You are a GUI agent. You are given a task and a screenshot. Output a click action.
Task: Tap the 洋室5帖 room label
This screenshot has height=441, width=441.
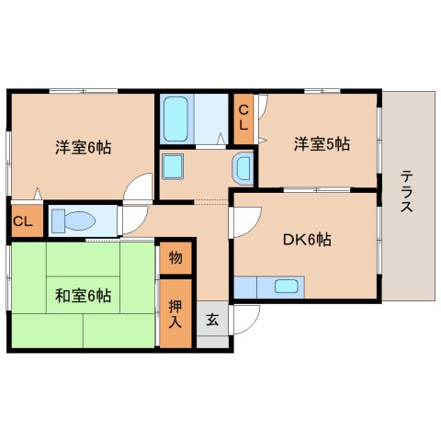tap(322, 143)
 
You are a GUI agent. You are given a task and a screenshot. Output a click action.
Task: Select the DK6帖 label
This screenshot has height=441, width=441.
tap(306, 240)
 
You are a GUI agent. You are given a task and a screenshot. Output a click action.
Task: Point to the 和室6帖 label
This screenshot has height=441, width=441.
tap(83, 296)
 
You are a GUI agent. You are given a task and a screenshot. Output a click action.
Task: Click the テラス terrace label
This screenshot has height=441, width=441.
tap(405, 192)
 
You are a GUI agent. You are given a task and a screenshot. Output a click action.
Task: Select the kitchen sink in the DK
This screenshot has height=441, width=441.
tap(287, 286)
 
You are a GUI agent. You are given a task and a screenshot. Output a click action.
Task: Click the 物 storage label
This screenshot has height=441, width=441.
tap(175, 258)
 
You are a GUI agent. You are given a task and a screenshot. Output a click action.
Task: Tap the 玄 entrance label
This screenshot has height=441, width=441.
tap(212, 320)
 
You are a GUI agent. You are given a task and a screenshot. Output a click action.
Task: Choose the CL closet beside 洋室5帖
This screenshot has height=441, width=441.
tap(244, 118)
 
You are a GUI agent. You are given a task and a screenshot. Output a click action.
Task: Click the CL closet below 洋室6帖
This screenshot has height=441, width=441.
tap(24, 222)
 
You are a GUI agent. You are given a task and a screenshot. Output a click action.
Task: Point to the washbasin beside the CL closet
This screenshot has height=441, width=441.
tap(242, 168)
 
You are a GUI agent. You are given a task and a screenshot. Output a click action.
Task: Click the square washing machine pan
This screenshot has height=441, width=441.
tap(174, 167)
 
